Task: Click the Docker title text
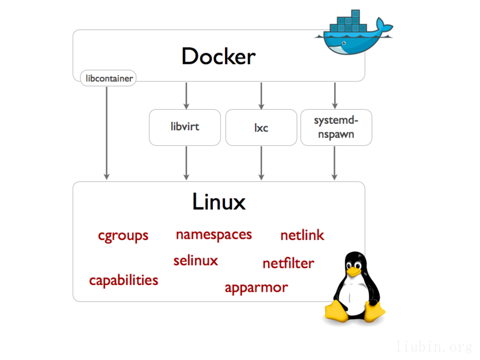(x=218, y=56)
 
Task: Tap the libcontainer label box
(x=107, y=78)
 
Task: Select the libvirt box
(x=185, y=127)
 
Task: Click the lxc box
(x=260, y=127)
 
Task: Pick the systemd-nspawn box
(x=336, y=127)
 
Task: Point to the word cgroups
(x=123, y=235)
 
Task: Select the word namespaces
(x=214, y=234)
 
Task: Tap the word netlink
(x=302, y=235)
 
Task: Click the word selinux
(x=196, y=260)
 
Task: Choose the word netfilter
(x=288, y=263)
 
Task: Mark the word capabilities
(x=124, y=280)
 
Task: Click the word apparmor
(x=256, y=287)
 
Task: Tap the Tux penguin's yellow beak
(x=355, y=271)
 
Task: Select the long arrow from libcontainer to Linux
(x=107, y=132)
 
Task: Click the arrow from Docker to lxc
(x=261, y=95)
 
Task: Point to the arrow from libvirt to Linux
(x=186, y=163)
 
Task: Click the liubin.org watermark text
(x=435, y=346)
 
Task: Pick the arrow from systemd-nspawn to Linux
(x=335, y=163)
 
